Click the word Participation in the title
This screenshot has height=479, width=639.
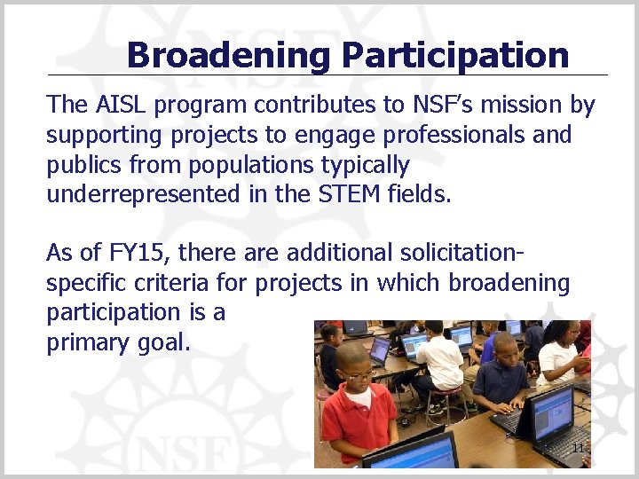(454, 55)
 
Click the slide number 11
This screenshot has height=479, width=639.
(578, 448)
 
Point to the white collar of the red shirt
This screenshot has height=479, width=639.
(360, 398)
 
